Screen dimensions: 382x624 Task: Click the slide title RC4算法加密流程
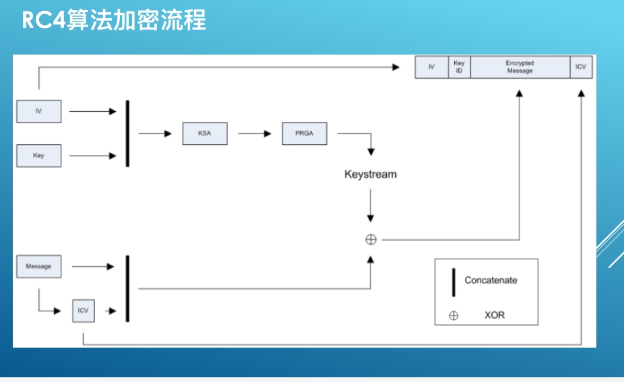(114, 20)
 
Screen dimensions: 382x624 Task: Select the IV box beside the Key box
(38, 111)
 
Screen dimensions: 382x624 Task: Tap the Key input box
(38, 156)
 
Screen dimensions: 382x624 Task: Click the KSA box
(204, 133)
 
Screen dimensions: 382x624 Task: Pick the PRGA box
(304, 133)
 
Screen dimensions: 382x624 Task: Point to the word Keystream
(371, 174)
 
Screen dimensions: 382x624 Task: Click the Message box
(38, 266)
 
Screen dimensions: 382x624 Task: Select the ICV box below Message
(83, 311)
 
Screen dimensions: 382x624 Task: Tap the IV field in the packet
(431, 67)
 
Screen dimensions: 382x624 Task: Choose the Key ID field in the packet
(459, 67)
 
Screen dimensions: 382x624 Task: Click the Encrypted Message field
(520, 67)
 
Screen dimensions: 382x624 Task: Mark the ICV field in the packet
(581, 67)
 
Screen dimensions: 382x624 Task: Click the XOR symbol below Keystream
(371, 239)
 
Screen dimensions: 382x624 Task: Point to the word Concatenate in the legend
(491, 280)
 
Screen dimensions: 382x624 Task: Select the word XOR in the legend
(494, 315)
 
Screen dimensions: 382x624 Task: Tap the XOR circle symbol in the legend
(454, 315)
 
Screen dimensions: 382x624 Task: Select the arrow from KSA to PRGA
(254, 133)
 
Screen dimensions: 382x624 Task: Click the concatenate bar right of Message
(127, 288)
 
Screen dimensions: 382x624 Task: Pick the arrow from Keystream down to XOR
(370, 205)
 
